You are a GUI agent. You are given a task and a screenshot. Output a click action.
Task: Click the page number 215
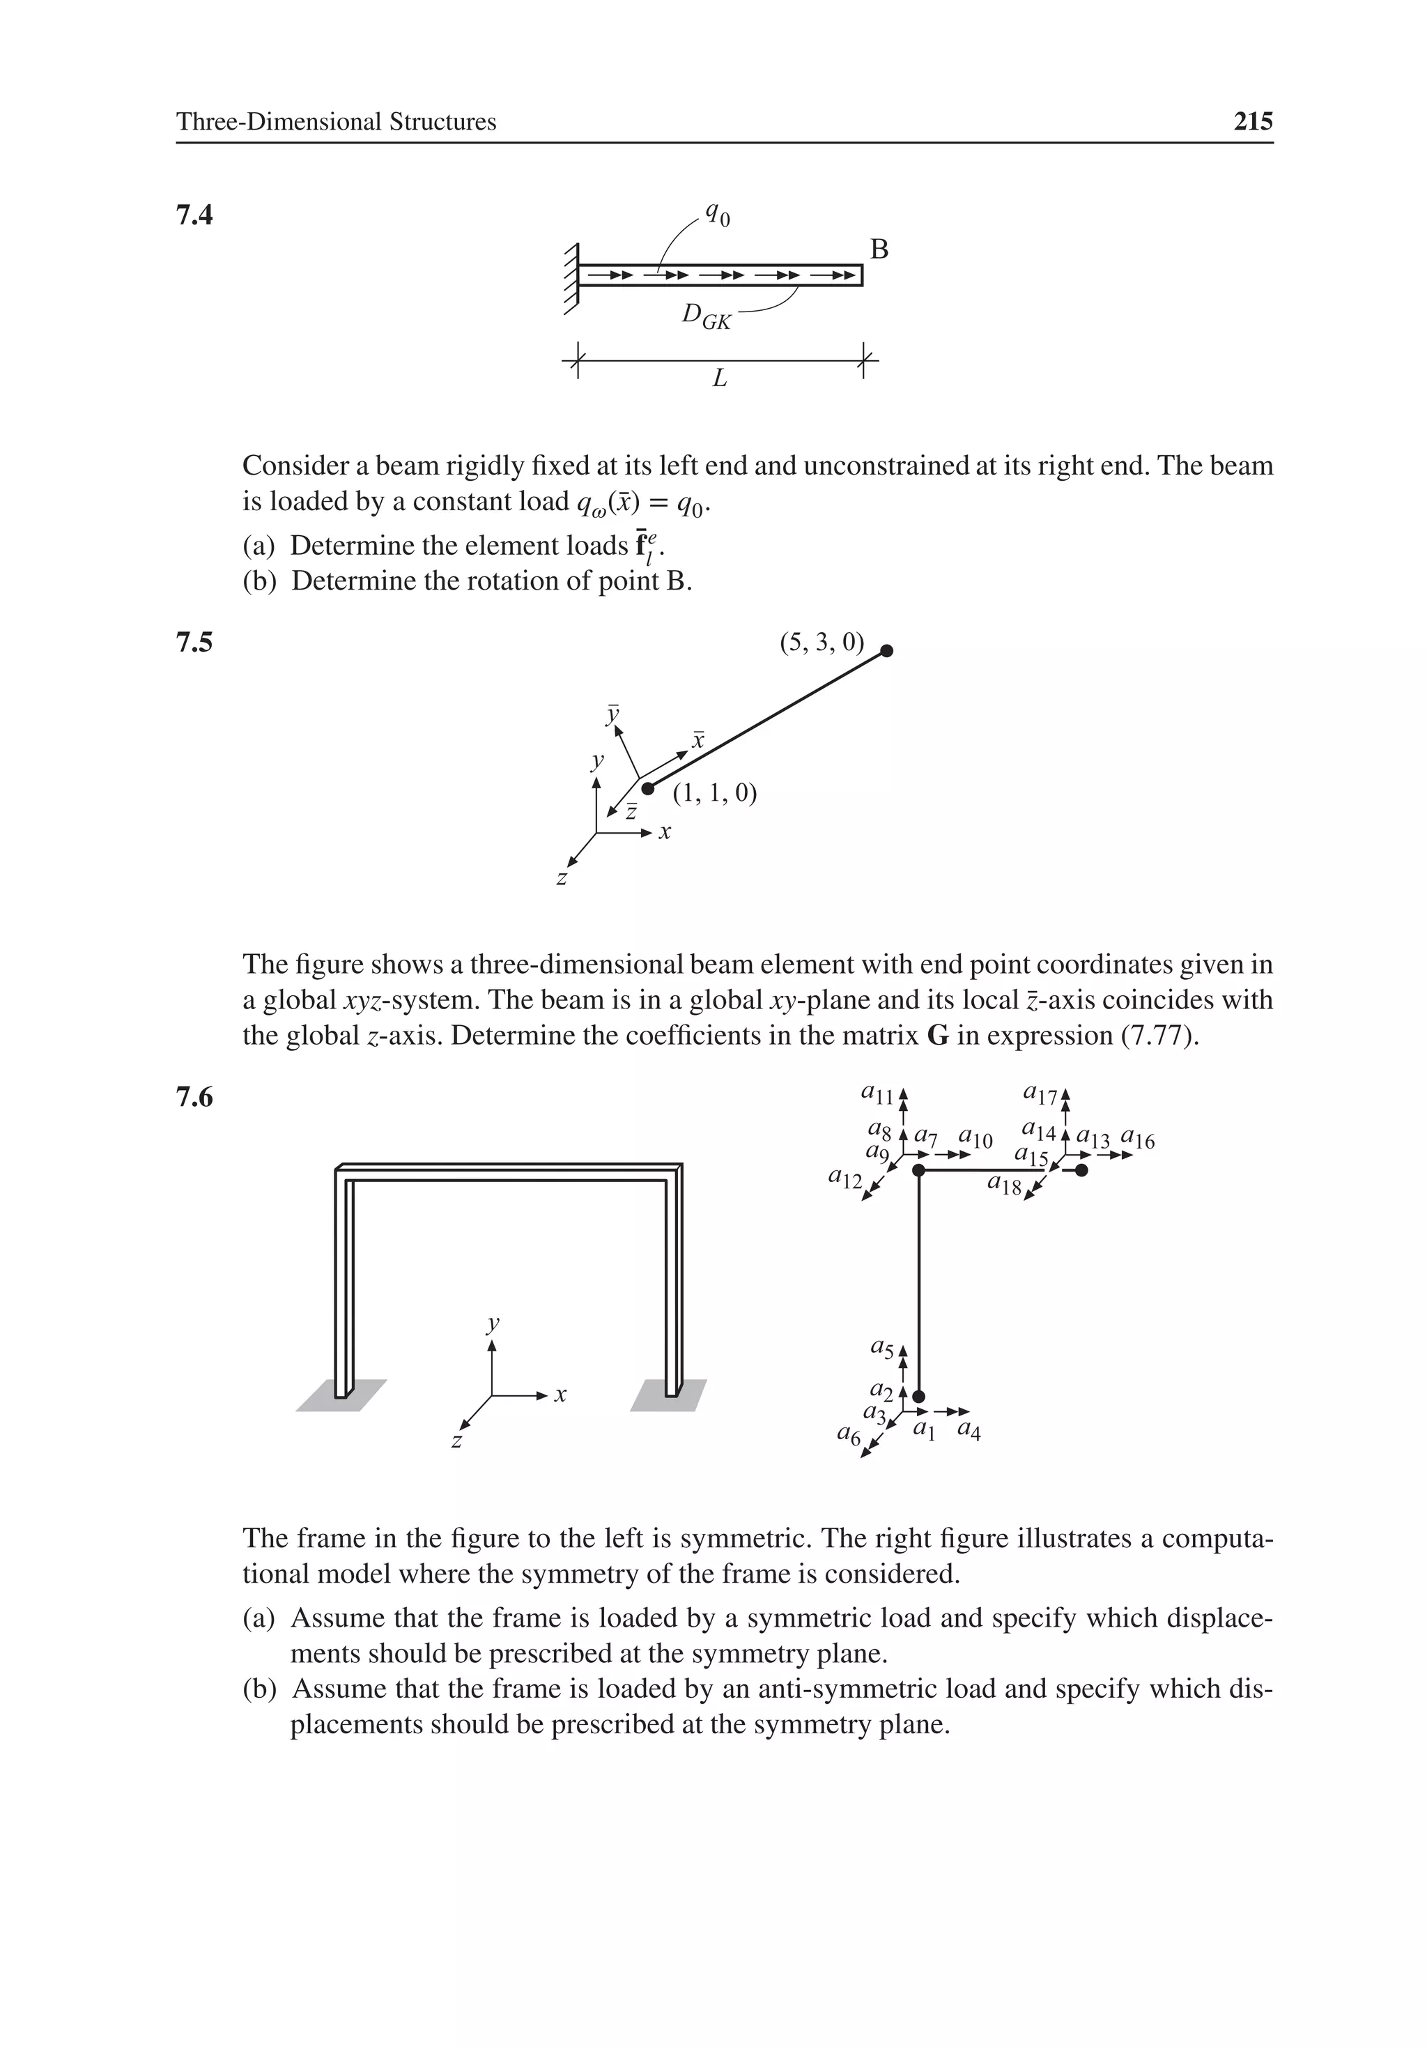[x=1252, y=121]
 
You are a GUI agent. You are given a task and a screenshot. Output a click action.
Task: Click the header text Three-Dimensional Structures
[x=336, y=121]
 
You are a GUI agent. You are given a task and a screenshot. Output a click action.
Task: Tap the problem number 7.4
[x=194, y=215]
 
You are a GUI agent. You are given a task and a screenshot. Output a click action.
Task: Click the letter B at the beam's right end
[x=879, y=250]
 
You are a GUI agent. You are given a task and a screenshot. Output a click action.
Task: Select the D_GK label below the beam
[x=706, y=316]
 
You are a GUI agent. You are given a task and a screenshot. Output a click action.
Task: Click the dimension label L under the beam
[x=719, y=379]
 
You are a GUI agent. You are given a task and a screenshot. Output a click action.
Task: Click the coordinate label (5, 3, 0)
[x=821, y=642]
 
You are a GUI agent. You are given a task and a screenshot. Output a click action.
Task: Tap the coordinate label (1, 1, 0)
[x=714, y=792]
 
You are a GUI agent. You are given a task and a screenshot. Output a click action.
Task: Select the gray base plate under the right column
[x=668, y=1396]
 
